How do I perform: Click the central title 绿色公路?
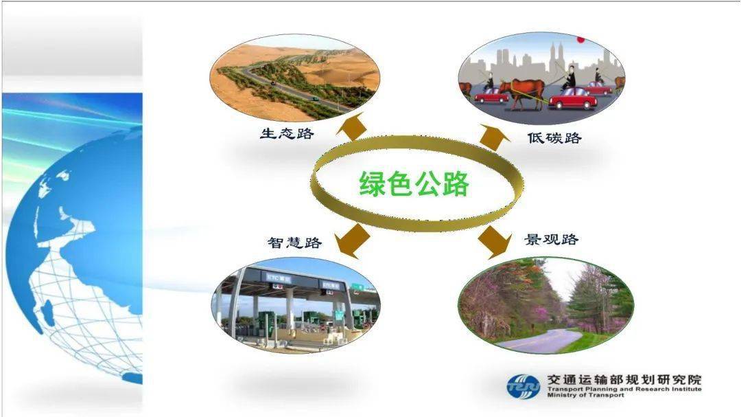(414, 183)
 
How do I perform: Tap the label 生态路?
(287, 133)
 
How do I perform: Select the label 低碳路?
(554, 138)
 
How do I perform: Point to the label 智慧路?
(294, 243)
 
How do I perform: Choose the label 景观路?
(552, 240)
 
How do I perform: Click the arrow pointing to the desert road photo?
(352, 126)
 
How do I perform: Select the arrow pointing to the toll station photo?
(352, 240)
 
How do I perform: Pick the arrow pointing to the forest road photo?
(495, 241)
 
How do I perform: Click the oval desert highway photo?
(294, 78)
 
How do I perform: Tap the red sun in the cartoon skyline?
(581, 39)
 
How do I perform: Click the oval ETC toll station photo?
(295, 305)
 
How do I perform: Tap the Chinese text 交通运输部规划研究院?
(624, 380)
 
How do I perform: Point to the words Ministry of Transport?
(585, 395)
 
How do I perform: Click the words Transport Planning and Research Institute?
(624, 389)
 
